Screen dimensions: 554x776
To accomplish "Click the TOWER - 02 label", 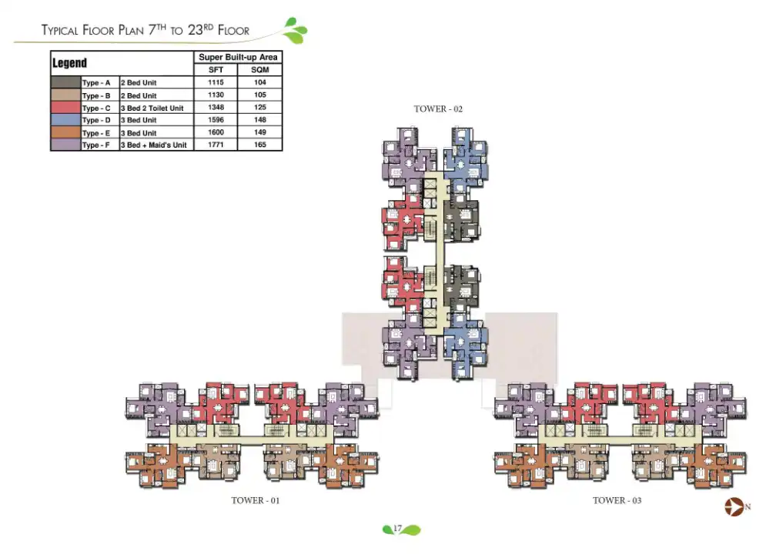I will [x=438, y=109].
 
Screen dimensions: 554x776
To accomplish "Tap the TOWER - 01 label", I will [x=256, y=501].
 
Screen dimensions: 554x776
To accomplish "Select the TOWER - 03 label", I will [x=617, y=501].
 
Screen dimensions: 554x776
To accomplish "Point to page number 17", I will [x=398, y=529].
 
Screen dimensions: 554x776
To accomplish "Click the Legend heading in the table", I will [x=69, y=63].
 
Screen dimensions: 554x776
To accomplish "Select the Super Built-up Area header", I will [x=239, y=58].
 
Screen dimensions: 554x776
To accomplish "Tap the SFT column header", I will [x=216, y=70].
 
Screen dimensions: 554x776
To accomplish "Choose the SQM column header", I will [x=260, y=70].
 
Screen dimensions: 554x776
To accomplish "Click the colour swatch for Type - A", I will [x=65, y=83].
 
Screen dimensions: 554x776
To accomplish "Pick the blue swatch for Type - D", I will [x=65, y=120].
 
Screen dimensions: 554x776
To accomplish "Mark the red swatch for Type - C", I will [x=65, y=108].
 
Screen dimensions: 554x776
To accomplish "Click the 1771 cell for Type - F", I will [x=216, y=145].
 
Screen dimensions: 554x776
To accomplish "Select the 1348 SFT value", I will [x=216, y=108].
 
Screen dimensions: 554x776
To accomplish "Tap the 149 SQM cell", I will [x=260, y=132].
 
